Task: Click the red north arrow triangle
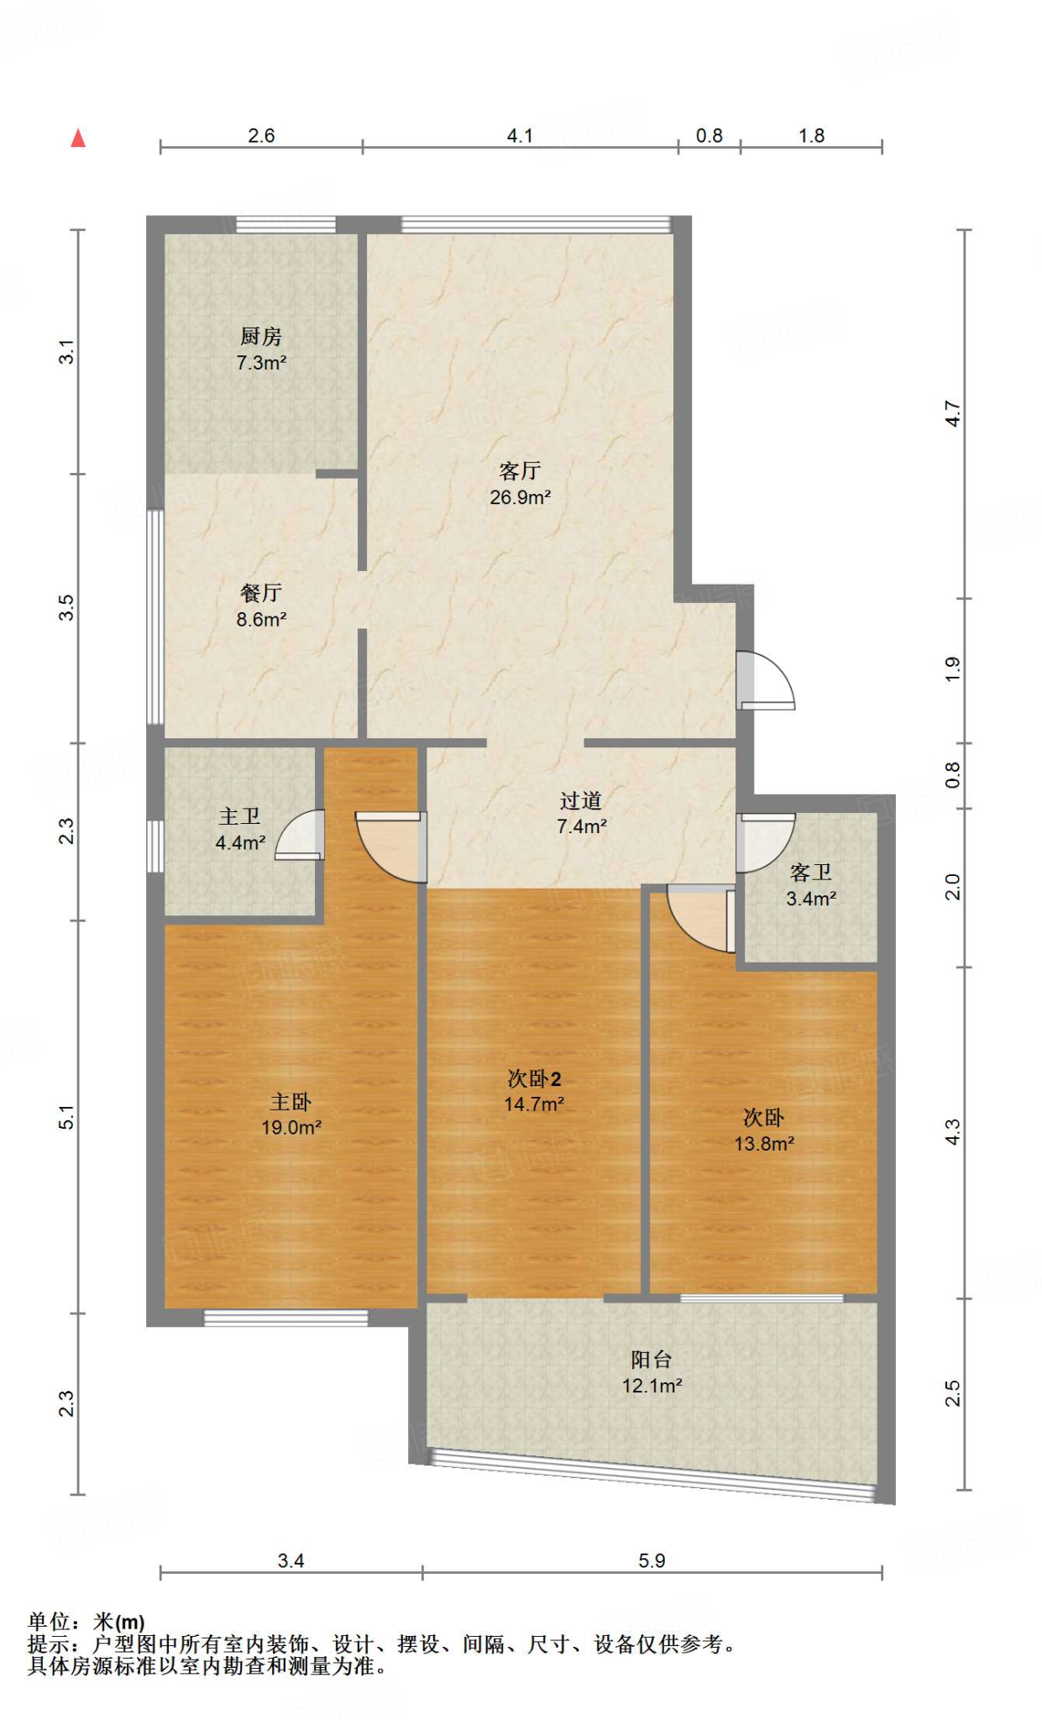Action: pyautogui.click(x=78, y=138)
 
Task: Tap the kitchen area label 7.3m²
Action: pyautogui.click(x=261, y=363)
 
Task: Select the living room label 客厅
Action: pyautogui.click(x=520, y=470)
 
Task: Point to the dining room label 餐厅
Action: pyautogui.click(x=261, y=593)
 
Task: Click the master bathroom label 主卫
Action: pyautogui.click(x=240, y=816)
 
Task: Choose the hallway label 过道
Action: pyautogui.click(x=581, y=800)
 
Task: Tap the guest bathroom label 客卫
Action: pyautogui.click(x=811, y=873)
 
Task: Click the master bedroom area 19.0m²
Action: pyautogui.click(x=291, y=1127)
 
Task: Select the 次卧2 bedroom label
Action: pyautogui.click(x=534, y=1078)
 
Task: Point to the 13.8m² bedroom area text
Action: pyautogui.click(x=764, y=1143)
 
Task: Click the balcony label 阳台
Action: pyautogui.click(x=652, y=1360)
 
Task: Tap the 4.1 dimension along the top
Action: pyautogui.click(x=520, y=135)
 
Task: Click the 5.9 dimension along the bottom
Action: pyautogui.click(x=652, y=1560)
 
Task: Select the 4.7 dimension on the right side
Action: pyautogui.click(x=952, y=413)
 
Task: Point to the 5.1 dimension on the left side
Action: pyautogui.click(x=66, y=1117)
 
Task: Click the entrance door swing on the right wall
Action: pyautogui.click(x=765, y=680)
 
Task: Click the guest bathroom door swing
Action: pyautogui.click(x=765, y=842)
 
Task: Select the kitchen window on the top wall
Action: pyautogui.click(x=285, y=224)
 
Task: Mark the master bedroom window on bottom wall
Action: pyautogui.click(x=285, y=1319)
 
